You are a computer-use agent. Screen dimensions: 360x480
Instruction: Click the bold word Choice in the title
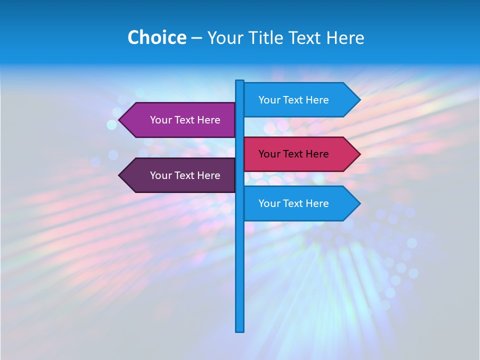coord(156,37)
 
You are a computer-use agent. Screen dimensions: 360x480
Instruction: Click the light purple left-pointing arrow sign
coord(180,120)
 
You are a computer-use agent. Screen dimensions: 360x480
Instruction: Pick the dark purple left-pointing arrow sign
coord(180,175)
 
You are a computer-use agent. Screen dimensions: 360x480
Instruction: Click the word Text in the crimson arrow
coord(293,154)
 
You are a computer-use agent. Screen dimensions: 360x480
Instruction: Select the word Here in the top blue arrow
coord(316,100)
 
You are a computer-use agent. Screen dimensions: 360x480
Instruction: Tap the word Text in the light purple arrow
coord(185,120)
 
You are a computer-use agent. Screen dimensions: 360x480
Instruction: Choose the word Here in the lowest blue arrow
coord(316,203)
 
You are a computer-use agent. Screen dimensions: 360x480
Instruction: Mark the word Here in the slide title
coord(345,37)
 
